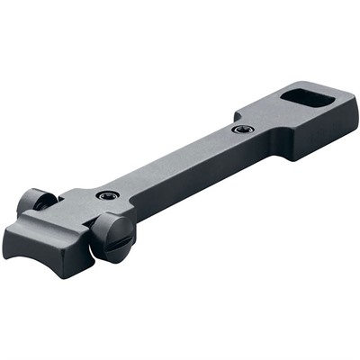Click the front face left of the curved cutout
[15, 241]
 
